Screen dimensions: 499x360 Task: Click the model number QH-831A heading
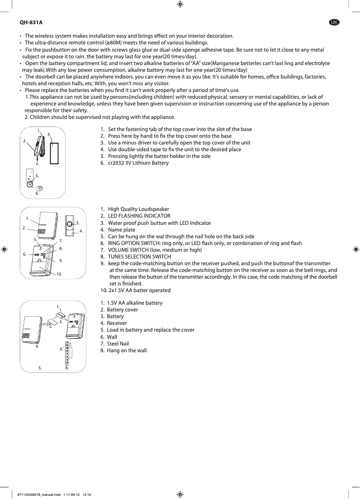(x=31, y=22)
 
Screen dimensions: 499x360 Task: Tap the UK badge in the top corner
(x=334, y=22)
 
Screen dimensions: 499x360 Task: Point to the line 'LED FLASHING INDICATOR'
(x=139, y=216)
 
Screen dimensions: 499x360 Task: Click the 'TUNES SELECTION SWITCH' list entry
(x=139, y=257)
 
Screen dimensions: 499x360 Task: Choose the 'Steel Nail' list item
(x=118, y=344)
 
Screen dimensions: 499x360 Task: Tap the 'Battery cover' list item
(x=122, y=310)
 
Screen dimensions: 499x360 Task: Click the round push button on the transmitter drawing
(x=70, y=223)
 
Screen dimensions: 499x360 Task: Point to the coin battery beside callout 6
(x=39, y=189)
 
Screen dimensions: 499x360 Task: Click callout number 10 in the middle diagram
(x=59, y=273)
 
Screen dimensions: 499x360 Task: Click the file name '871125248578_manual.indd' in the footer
(x=39, y=495)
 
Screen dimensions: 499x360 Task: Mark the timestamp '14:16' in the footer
(x=87, y=495)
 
